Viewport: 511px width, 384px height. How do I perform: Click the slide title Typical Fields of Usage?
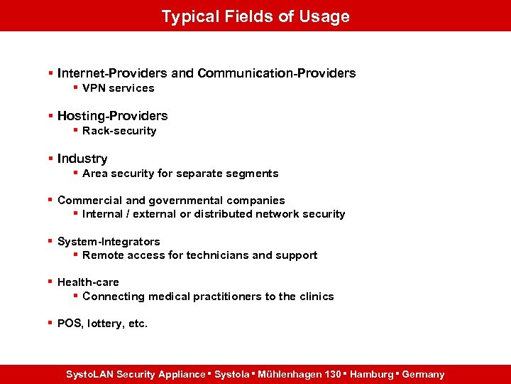[x=255, y=16]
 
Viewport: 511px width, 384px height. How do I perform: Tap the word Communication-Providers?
[x=277, y=73]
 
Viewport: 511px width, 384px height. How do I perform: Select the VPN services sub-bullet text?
[x=118, y=88]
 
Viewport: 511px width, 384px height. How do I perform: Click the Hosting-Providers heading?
[x=112, y=116]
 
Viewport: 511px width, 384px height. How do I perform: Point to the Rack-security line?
[x=119, y=131]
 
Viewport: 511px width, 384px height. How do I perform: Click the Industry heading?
[x=82, y=159]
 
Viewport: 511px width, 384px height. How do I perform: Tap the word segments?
[x=253, y=174]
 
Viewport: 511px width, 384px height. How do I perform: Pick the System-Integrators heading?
[x=109, y=242]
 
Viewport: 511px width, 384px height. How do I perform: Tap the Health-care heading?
[x=88, y=282]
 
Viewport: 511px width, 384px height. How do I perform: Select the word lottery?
[x=107, y=324]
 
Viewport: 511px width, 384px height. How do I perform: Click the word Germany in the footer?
[x=423, y=374]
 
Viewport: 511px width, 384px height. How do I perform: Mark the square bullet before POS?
[x=50, y=323]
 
